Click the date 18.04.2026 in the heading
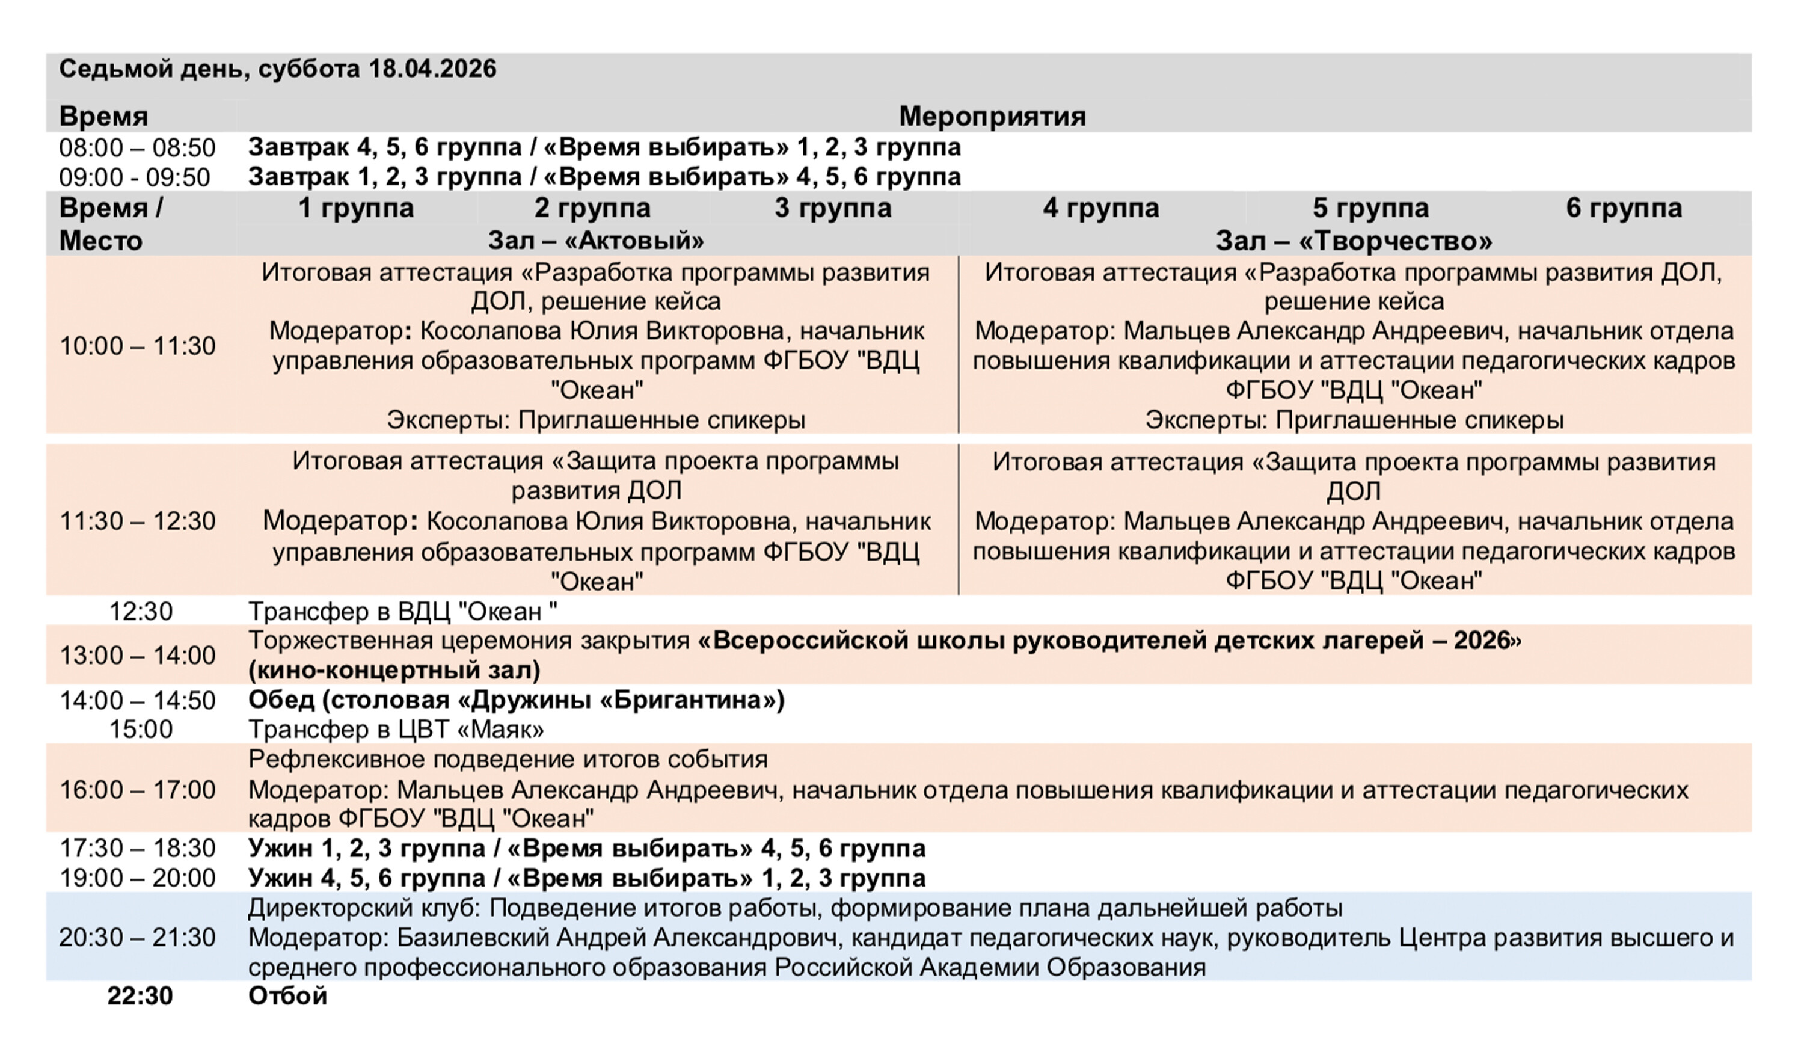[x=432, y=69]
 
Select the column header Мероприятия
[x=992, y=116]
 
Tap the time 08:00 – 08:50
[x=137, y=148]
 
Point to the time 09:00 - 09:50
[x=135, y=177]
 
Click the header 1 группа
[x=356, y=208]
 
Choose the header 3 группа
[x=833, y=208]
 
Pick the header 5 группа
[x=1370, y=208]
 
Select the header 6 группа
[x=1624, y=208]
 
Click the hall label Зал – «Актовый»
[x=595, y=240]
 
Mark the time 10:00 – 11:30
[x=137, y=346]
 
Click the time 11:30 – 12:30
[x=137, y=521]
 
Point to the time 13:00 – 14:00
[x=137, y=656]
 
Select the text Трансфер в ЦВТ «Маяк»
[x=396, y=730]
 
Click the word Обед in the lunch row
[x=281, y=700]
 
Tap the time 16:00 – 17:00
[x=137, y=789]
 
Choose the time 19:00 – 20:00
[x=137, y=878]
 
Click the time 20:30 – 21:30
[x=137, y=938]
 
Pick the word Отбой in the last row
[x=287, y=997]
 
